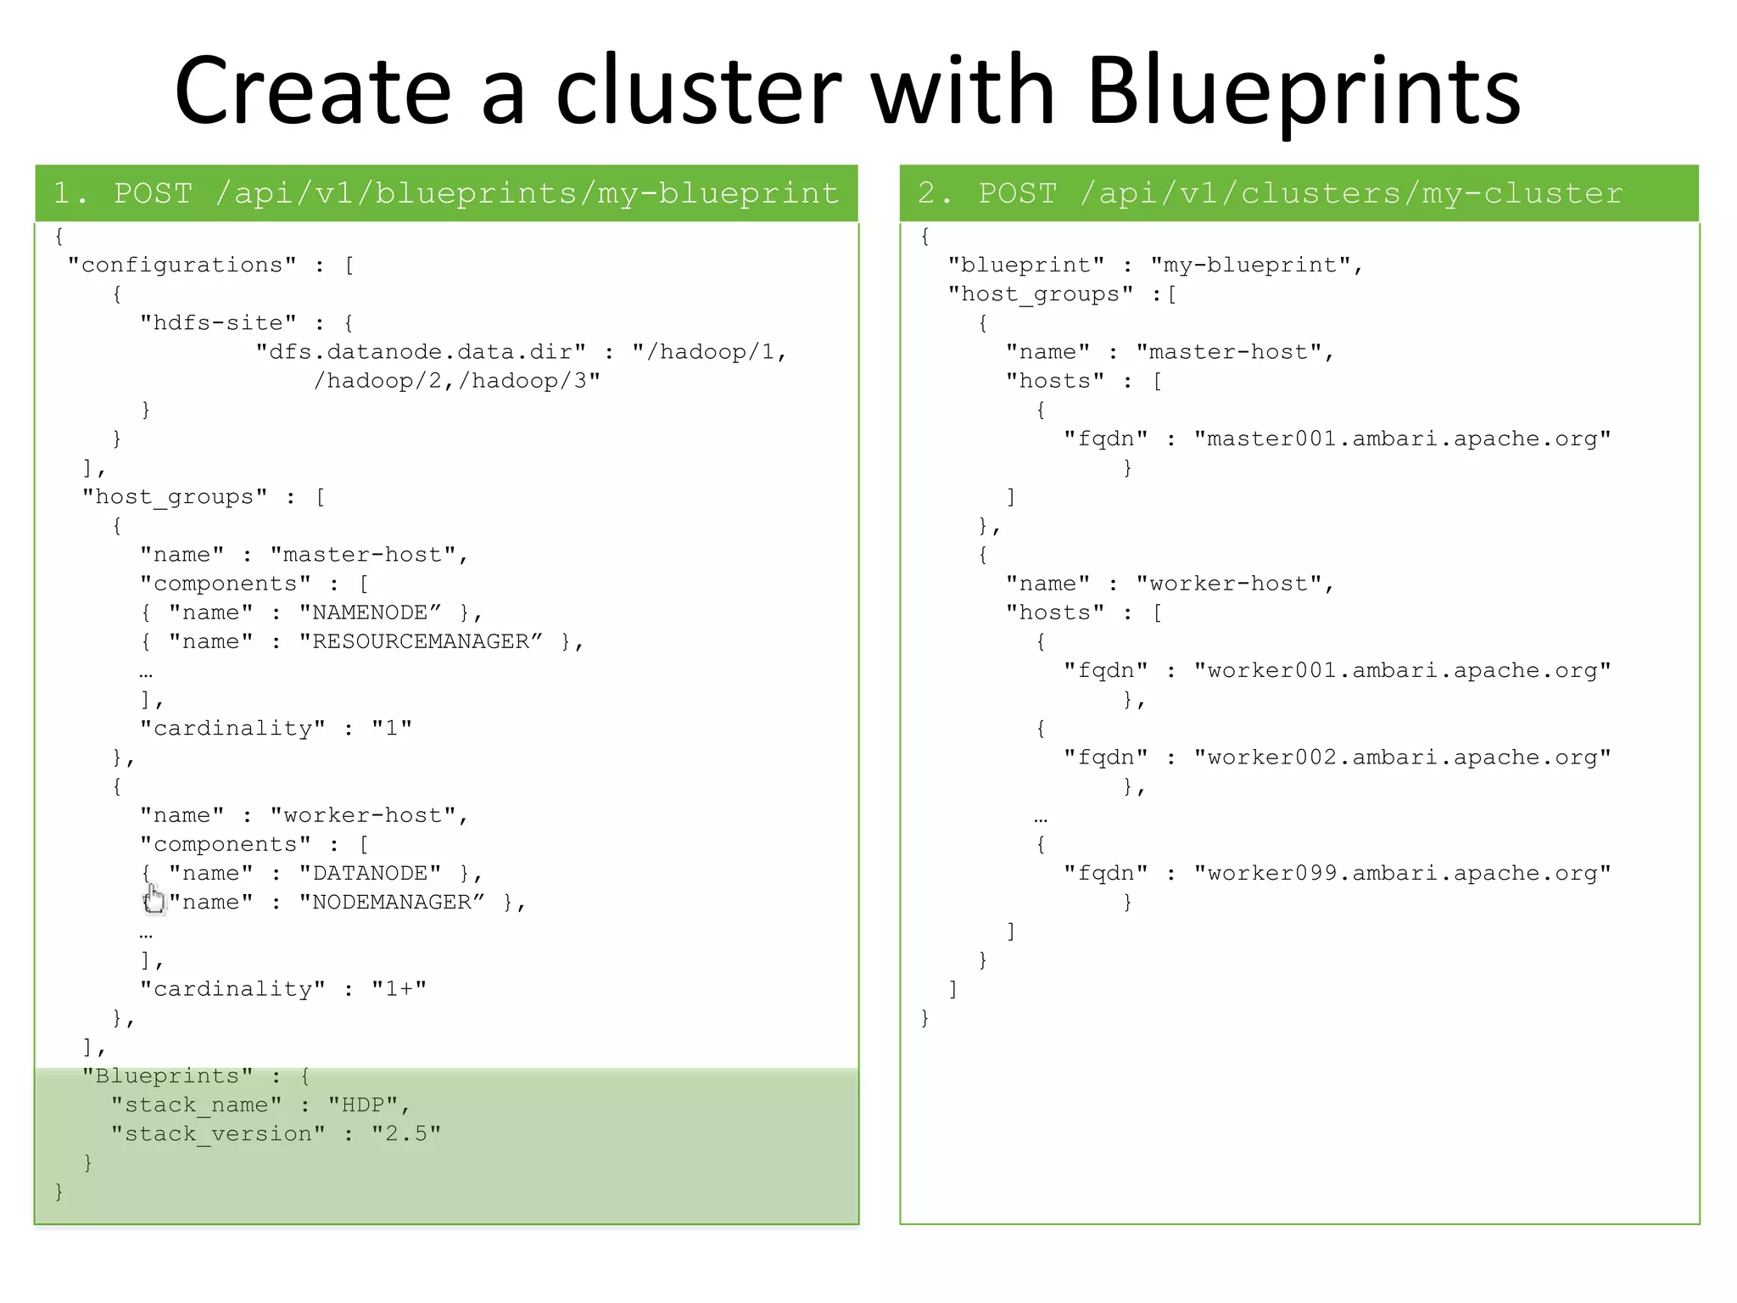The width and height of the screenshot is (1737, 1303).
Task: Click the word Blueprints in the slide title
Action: click(1304, 92)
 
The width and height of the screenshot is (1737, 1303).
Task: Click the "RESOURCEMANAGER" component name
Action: click(421, 641)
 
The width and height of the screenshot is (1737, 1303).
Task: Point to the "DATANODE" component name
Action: click(370, 873)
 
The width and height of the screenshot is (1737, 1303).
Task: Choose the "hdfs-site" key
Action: click(218, 322)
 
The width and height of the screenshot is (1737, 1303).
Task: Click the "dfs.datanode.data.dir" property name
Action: click(421, 351)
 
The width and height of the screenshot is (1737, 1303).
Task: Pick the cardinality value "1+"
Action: click(399, 988)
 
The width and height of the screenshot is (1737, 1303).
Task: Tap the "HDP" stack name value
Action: click(363, 1104)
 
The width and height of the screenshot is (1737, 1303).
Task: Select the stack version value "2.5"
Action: click(405, 1133)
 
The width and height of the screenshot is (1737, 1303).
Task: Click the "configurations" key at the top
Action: click(182, 265)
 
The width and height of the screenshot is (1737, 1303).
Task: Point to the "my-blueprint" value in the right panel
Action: click(1250, 265)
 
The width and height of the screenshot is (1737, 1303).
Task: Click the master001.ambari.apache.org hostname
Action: click(1402, 439)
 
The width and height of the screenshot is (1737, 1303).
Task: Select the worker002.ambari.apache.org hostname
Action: click(1402, 757)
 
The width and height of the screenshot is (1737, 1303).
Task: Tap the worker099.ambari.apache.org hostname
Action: click(1402, 873)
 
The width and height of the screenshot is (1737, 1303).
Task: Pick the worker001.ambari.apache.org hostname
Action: click(1402, 670)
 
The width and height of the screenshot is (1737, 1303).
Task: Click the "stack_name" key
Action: click(196, 1104)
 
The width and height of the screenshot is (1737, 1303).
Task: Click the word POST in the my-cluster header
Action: click(1017, 193)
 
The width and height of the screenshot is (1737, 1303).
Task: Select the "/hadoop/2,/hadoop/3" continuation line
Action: click(456, 380)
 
